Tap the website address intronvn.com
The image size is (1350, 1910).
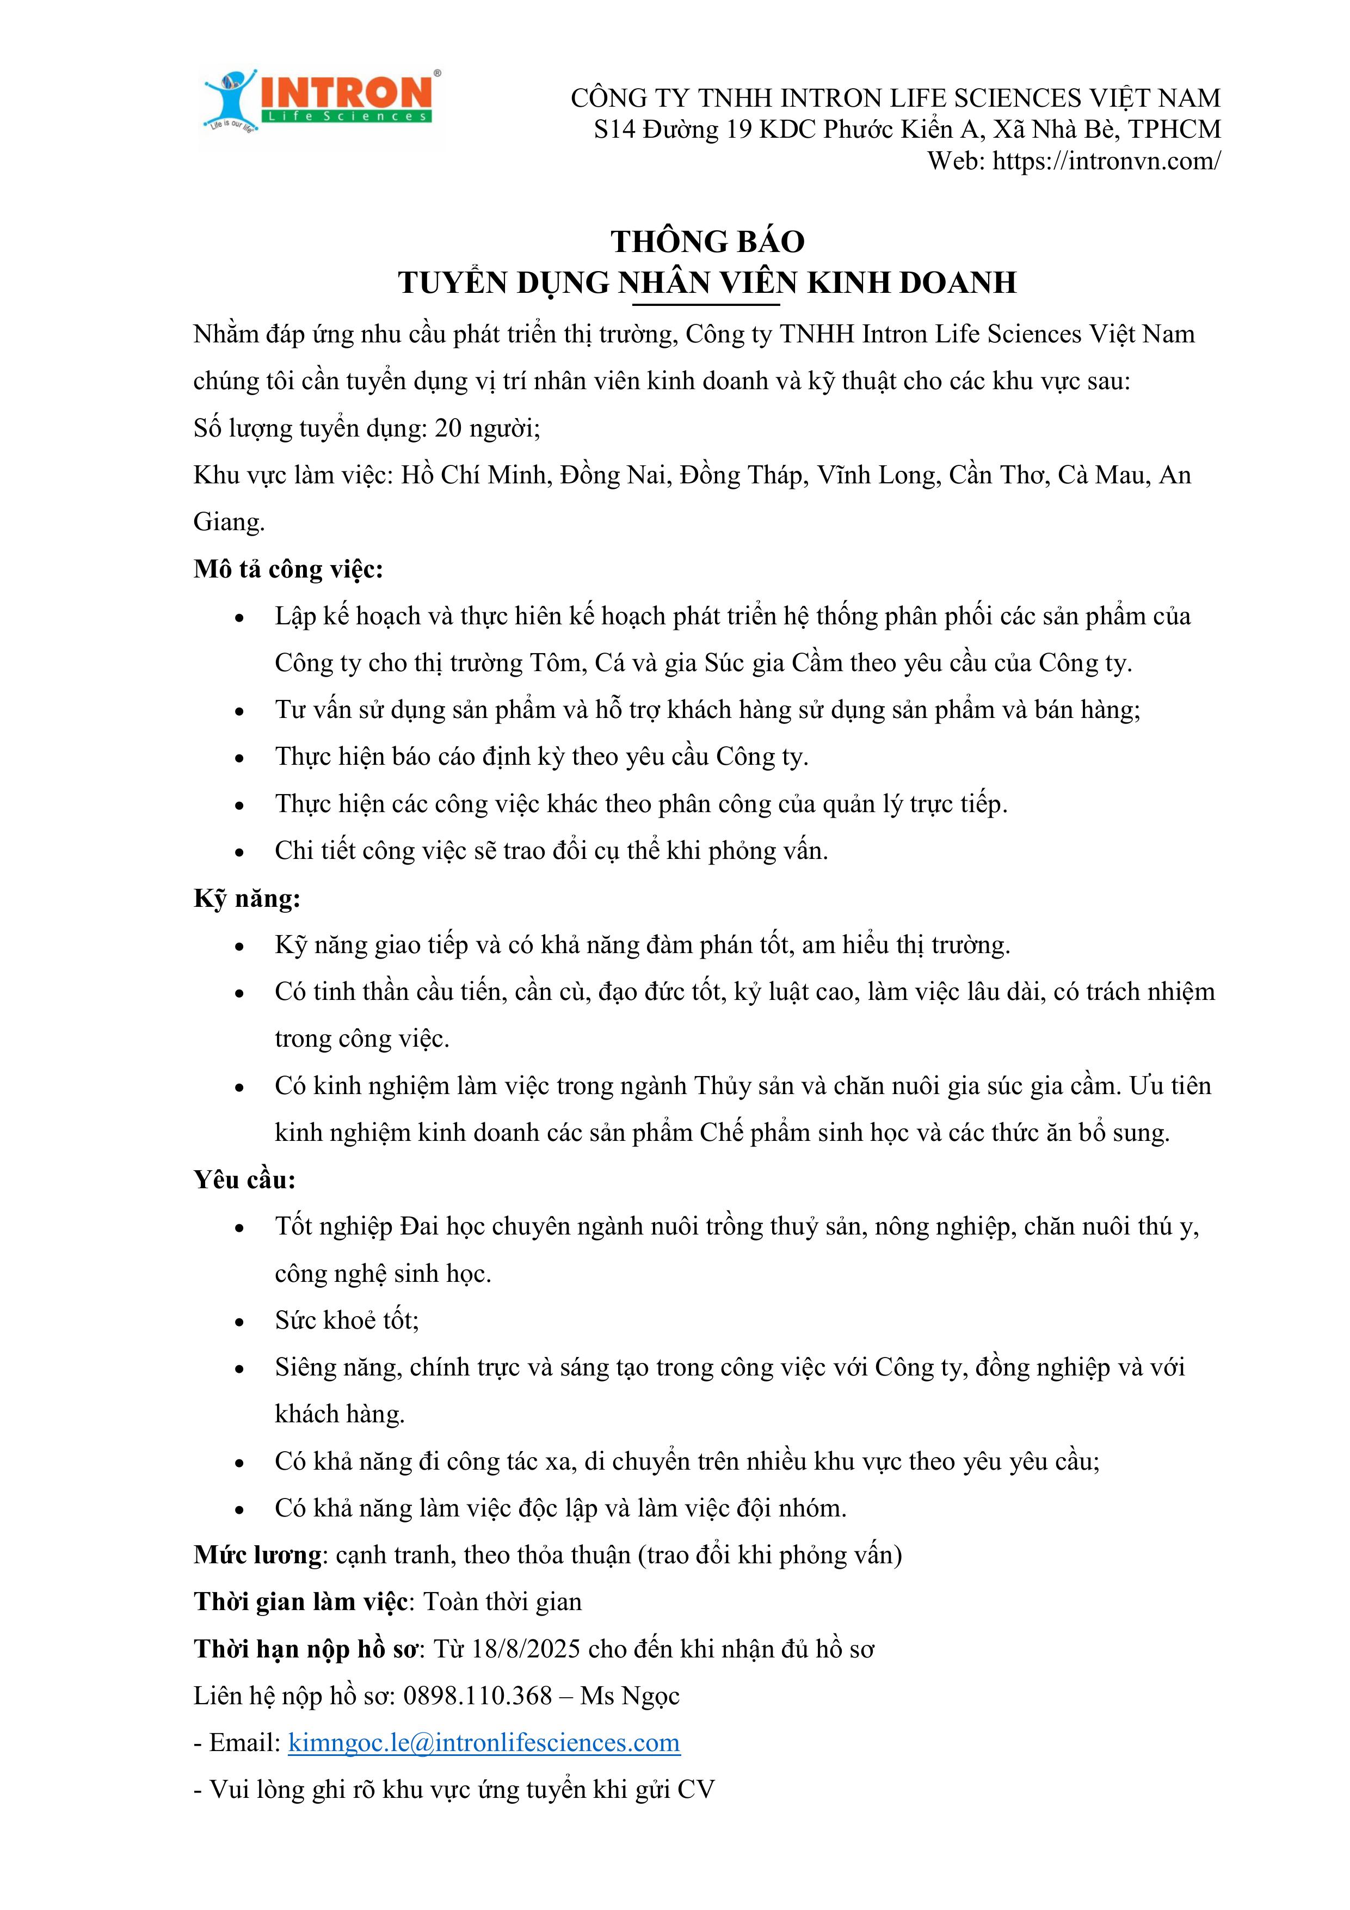pos(1106,161)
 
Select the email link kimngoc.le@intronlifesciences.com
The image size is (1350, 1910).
pos(484,1742)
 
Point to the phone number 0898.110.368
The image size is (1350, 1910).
pos(477,1696)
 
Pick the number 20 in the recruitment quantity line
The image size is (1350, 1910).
pos(448,428)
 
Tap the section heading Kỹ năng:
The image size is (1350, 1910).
pos(247,899)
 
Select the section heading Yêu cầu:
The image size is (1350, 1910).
pos(244,1180)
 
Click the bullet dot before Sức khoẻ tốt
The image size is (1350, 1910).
pos(239,1322)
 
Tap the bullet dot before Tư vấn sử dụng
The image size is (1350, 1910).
pos(239,711)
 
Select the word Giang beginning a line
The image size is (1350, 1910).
pos(228,523)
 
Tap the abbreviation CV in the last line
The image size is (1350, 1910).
pos(695,1789)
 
